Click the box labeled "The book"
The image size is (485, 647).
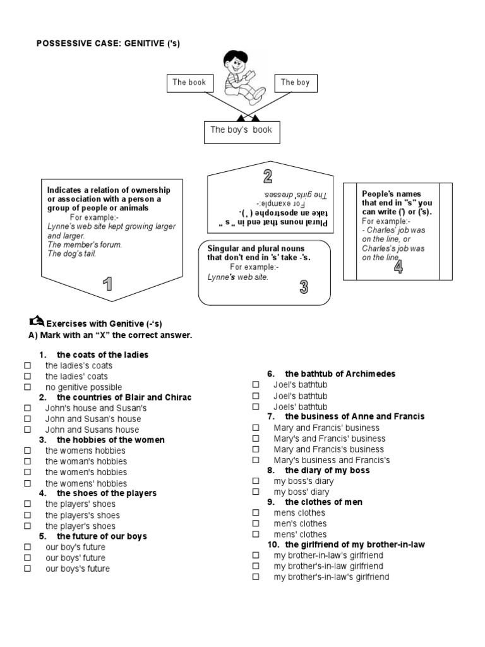tap(189, 83)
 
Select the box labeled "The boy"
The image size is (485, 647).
tap(296, 83)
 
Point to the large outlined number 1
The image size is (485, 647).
tap(109, 284)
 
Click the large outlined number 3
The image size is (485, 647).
tap(304, 287)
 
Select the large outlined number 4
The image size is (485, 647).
tap(398, 267)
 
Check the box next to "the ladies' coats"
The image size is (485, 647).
tap(27, 377)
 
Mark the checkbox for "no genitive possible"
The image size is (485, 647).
tap(27, 387)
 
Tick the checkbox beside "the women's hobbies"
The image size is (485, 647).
tap(27, 473)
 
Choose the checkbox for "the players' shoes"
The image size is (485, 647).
tap(27, 505)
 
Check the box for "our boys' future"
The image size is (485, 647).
tap(27, 559)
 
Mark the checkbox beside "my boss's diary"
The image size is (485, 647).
tap(256, 481)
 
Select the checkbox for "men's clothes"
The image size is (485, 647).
tap(256, 524)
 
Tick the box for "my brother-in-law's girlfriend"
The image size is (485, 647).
tap(256, 555)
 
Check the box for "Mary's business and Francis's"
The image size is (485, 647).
tap(256, 461)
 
